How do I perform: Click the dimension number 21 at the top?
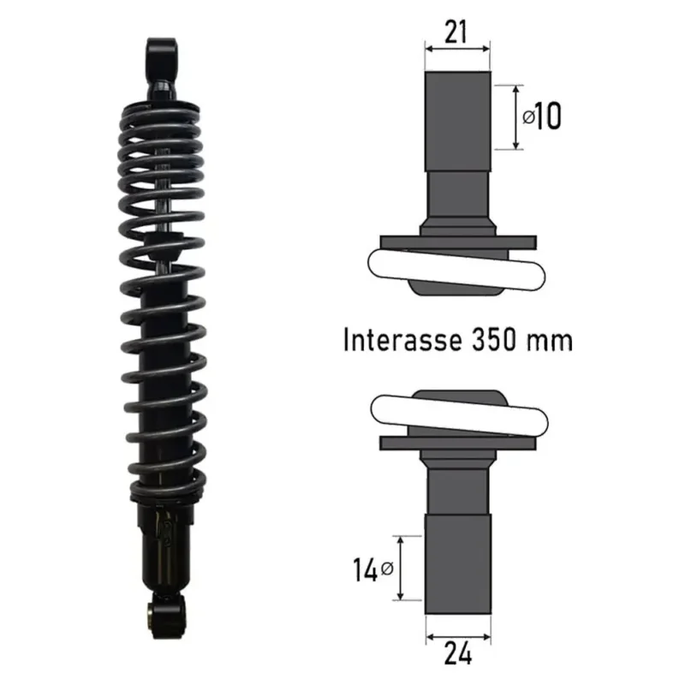point(456,32)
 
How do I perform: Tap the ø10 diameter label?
point(542,116)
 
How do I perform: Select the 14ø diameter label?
point(373,569)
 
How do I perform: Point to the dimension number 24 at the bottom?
point(458,653)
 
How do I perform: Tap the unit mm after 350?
point(549,342)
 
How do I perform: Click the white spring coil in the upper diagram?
point(456,269)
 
